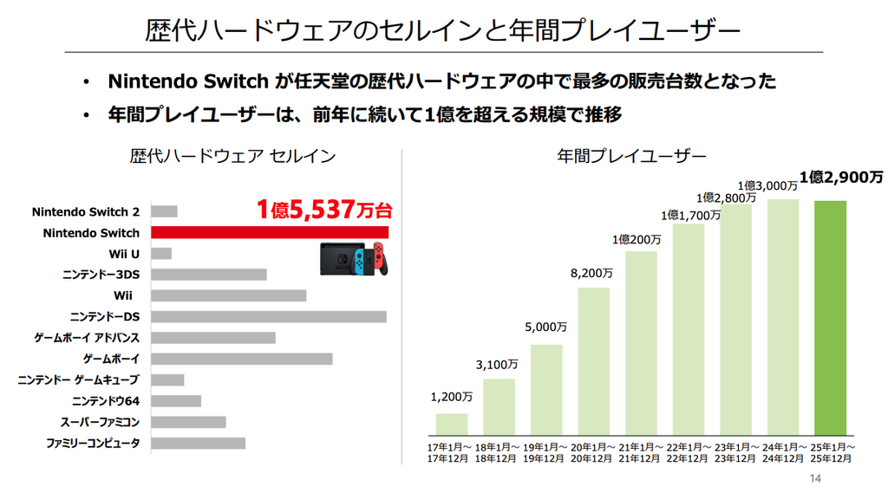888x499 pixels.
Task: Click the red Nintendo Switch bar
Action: point(269,232)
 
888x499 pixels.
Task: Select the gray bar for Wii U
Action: point(161,254)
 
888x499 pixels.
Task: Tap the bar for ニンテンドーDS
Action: point(269,317)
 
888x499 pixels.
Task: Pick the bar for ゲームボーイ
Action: point(242,359)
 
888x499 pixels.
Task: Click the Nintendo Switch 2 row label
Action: point(86,212)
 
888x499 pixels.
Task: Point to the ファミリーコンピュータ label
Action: point(93,444)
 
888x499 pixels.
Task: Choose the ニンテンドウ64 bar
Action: point(176,401)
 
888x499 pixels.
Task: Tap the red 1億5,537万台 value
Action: point(323,209)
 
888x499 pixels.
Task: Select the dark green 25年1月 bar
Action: point(830,317)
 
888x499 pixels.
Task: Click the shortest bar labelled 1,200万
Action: point(452,424)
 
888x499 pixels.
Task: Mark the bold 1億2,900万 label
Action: point(841,178)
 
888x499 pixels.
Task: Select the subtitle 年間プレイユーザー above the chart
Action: point(631,156)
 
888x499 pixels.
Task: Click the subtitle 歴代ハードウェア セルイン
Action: point(232,156)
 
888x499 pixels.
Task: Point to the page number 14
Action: point(813,479)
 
